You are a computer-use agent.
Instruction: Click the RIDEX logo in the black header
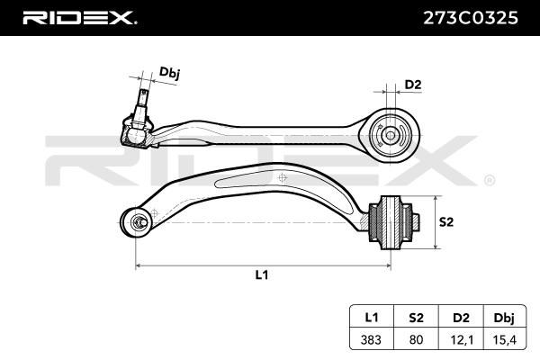(x=79, y=18)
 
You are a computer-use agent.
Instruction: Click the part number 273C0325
(x=471, y=18)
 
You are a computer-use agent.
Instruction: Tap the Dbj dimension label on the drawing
(x=169, y=74)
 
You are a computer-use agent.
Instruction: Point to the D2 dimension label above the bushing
(x=413, y=85)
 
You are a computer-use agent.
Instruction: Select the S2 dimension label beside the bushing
(x=446, y=222)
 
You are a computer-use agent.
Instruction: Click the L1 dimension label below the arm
(x=262, y=274)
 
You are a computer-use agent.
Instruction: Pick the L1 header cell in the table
(x=372, y=317)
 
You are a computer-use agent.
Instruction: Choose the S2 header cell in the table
(x=416, y=317)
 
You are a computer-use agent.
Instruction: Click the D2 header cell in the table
(x=461, y=317)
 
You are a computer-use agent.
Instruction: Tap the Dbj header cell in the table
(x=505, y=317)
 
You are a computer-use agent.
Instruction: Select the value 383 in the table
(x=371, y=339)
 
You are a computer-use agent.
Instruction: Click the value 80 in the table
(x=416, y=339)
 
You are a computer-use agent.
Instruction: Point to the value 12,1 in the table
(x=462, y=340)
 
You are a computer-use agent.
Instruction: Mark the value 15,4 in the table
(x=505, y=340)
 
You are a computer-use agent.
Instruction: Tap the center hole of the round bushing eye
(x=391, y=135)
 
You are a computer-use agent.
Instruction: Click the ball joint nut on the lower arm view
(x=139, y=221)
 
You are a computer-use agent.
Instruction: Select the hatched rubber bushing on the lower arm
(x=391, y=222)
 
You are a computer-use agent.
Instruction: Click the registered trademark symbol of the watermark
(x=490, y=181)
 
